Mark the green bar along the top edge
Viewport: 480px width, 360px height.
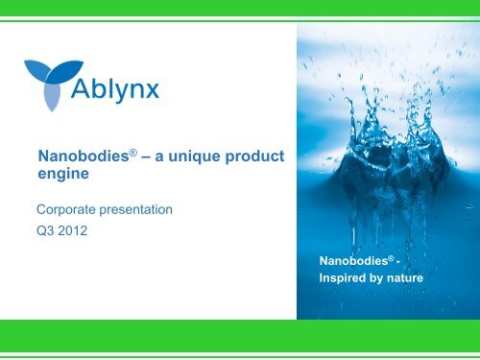(240, 8)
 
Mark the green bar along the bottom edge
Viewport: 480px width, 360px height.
(240, 338)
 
